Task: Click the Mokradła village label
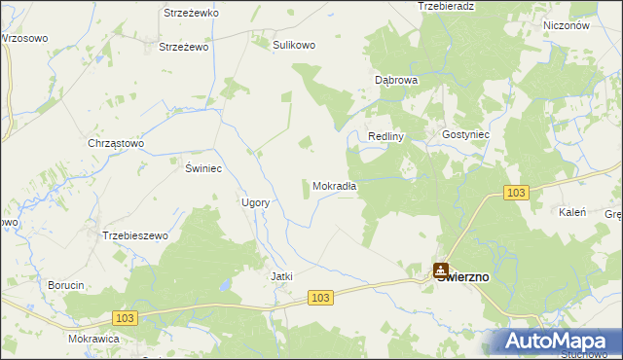click(x=335, y=186)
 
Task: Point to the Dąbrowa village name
click(x=396, y=80)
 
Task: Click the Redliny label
click(x=385, y=136)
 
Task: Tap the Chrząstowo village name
click(x=116, y=143)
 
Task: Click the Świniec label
click(x=204, y=168)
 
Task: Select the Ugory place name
click(x=255, y=202)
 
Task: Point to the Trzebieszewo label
click(x=135, y=235)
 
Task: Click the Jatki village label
click(x=281, y=276)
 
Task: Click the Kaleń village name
click(x=570, y=211)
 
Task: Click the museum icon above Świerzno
click(x=441, y=269)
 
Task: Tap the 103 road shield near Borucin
click(x=125, y=317)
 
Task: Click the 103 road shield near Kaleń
click(x=517, y=194)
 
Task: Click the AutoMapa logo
click(x=554, y=342)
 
